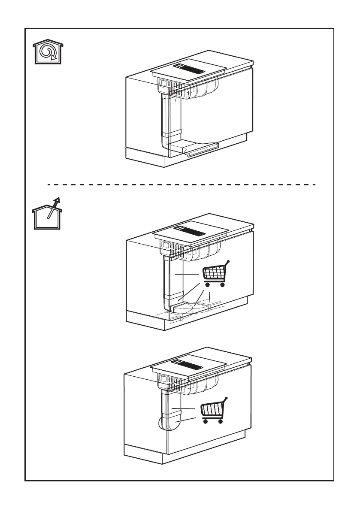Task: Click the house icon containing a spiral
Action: click(x=48, y=53)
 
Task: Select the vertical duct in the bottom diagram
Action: click(x=165, y=403)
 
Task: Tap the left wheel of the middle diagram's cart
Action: click(x=207, y=284)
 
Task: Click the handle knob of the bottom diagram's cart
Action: click(x=226, y=399)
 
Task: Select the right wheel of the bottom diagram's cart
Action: click(x=220, y=421)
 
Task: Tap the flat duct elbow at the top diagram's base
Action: click(x=178, y=147)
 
